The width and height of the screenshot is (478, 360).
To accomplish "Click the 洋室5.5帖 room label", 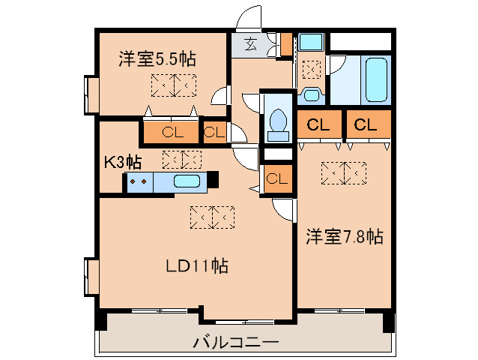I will (x=157, y=58).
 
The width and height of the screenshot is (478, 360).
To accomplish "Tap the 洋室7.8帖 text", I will (x=344, y=237).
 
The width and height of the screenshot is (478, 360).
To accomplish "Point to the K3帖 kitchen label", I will (x=123, y=161).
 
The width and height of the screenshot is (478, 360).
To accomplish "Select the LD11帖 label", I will (x=197, y=265).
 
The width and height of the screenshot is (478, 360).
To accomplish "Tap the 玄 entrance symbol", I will (x=249, y=43).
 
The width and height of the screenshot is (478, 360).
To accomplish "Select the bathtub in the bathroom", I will (x=375, y=79).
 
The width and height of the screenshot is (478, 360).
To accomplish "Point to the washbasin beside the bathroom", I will (x=311, y=94).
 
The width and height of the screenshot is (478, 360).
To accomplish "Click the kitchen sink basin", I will (x=186, y=181).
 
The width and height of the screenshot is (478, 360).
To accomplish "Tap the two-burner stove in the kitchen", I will (x=137, y=181).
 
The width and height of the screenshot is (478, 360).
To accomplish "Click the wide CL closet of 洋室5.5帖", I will (x=172, y=133).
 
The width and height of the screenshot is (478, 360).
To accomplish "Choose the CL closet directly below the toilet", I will (x=276, y=178).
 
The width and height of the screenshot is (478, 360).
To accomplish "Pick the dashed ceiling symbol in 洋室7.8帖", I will (x=343, y=172).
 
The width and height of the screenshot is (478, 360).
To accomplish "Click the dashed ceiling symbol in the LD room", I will (x=213, y=217).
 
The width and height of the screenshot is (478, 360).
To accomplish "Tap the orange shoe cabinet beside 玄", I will (x=285, y=44).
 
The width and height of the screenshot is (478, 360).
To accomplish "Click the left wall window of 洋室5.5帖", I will (x=91, y=94).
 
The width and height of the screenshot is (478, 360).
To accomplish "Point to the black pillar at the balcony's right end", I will (x=388, y=322).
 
